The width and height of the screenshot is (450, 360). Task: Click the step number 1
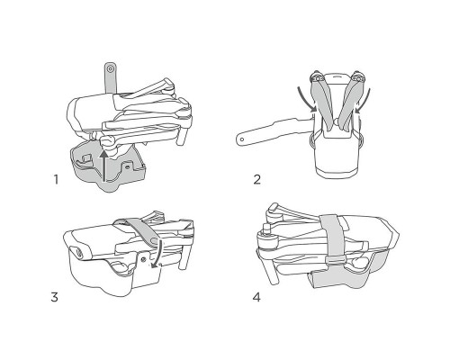(x=56, y=180)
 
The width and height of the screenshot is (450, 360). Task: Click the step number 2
(x=257, y=180)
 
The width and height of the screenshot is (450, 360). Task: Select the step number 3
(x=54, y=297)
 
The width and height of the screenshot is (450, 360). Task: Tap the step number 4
(x=256, y=297)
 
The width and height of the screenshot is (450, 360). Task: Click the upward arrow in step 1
(x=103, y=166)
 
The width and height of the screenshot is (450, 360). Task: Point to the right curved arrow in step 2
(x=363, y=102)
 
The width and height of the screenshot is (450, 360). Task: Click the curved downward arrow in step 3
(x=157, y=254)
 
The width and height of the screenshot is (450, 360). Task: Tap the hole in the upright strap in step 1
(x=110, y=69)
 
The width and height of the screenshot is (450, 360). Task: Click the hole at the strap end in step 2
(x=242, y=139)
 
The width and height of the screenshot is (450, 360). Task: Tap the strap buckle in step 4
(x=335, y=260)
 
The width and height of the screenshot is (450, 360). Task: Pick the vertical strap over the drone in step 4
(x=331, y=236)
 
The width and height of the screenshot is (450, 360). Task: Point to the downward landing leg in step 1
(x=183, y=134)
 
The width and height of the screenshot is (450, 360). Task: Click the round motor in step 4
(x=265, y=241)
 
